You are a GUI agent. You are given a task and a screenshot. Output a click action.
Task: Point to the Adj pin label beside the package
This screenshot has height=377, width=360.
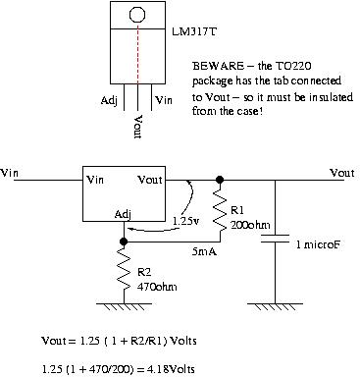coord(109,100)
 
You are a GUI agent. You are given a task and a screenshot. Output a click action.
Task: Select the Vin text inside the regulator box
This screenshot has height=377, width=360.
coord(97,181)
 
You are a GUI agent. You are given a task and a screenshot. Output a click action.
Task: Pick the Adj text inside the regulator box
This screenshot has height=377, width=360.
coord(122,215)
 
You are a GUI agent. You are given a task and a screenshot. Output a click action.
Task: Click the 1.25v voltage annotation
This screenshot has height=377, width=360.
coord(184,222)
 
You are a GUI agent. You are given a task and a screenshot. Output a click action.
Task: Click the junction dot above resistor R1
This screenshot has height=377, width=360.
coord(220,181)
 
